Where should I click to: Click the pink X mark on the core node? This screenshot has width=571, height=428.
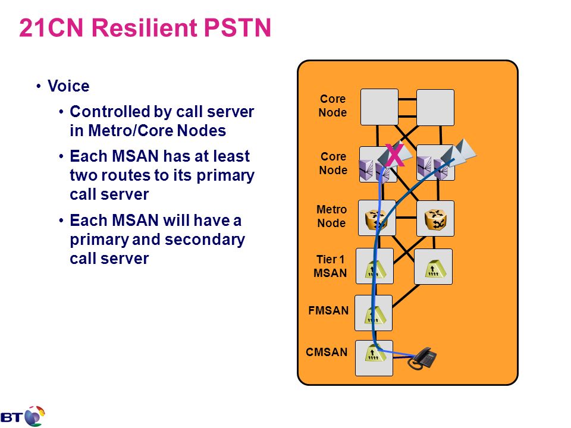(394, 155)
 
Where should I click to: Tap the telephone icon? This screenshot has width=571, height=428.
(423, 358)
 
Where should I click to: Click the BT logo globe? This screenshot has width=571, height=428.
(35, 416)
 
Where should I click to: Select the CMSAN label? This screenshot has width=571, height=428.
(327, 352)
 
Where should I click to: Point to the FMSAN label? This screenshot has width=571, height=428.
(328, 310)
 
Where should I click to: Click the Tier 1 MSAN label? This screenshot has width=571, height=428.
(330, 266)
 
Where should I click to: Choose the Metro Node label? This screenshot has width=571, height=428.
(331, 216)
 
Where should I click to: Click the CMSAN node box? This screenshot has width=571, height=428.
(374, 358)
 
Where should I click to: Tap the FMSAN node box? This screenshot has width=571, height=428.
(374, 313)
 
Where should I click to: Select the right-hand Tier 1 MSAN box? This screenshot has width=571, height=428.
(434, 267)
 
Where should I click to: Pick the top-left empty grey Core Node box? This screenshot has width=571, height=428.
(379, 108)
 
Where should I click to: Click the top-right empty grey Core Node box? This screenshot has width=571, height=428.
(435, 108)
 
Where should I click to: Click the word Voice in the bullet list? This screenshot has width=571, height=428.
(68, 86)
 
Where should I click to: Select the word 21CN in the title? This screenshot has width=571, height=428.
(51, 27)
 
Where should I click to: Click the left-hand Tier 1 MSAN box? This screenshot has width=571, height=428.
(375, 266)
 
